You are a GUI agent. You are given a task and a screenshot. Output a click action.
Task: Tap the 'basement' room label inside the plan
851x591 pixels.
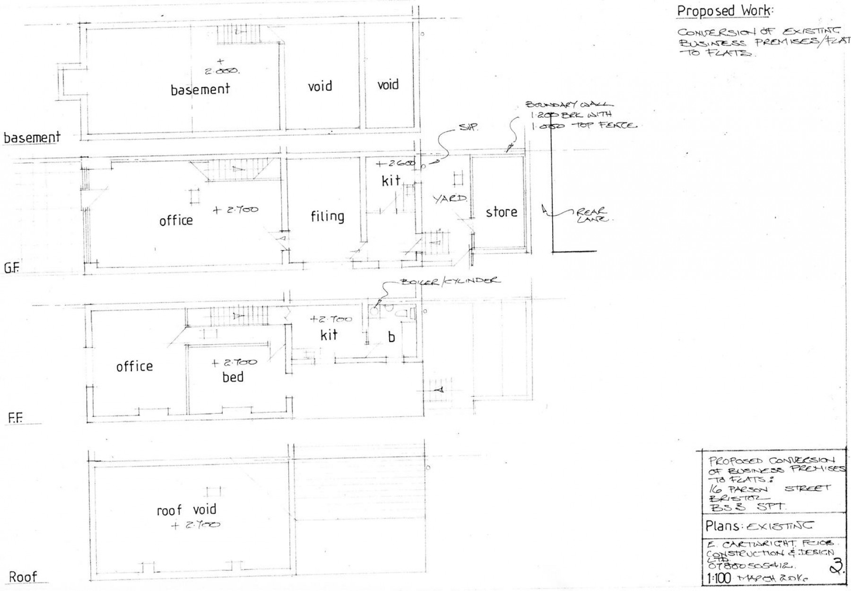coord(200,89)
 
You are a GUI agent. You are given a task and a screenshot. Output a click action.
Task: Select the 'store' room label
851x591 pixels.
coord(501,212)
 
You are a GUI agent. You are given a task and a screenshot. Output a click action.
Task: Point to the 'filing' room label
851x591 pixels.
coord(327,217)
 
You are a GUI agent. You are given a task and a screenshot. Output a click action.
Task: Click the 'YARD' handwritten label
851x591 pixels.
coord(450,199)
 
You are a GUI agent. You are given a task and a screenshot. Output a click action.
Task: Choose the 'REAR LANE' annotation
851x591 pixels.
coord(593,216)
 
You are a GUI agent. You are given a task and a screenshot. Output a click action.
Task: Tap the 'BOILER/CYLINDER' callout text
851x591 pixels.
coord(450,280)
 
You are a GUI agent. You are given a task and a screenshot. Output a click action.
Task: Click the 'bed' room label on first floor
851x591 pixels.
coord(233,377)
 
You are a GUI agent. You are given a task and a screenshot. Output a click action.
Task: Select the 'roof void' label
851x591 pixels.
coord(186,510)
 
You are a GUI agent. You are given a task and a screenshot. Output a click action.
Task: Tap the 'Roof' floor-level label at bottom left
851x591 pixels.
coord(23,577)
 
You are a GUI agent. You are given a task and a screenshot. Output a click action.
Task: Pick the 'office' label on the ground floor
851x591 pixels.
coord(176,220)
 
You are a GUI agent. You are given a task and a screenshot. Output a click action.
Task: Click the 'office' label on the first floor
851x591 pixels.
coord(134,366)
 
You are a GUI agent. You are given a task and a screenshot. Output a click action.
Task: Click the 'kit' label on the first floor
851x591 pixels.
coord(329,335)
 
